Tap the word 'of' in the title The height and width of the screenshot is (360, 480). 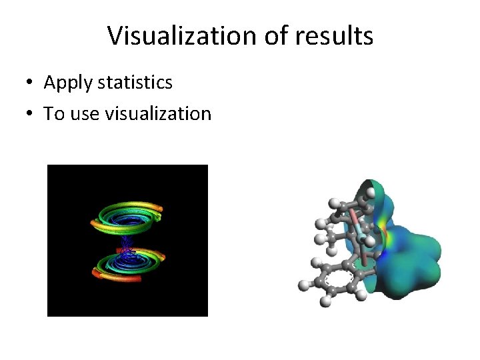(274, 36)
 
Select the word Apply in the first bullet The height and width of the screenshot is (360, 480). (68, 83)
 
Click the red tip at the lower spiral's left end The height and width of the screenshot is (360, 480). (95, 271)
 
